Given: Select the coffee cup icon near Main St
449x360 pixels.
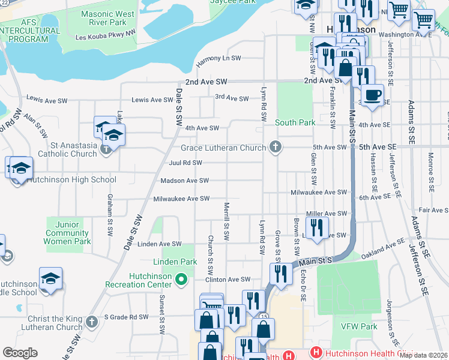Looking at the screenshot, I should click(x=372, y=95).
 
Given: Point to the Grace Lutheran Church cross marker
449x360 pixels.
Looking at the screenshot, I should click(x=276, y=147).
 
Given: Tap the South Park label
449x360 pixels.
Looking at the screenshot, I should click(x=295, y=122).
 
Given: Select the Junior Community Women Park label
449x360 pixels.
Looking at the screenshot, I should click(x=67, y=233).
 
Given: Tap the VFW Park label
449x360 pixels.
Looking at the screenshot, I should click(x=359, y=327).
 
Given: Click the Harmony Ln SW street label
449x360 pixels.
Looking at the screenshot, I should click(x=218, y=58).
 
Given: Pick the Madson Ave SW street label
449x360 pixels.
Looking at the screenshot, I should click(x=184, y=181).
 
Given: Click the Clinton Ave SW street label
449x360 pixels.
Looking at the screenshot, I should click(x=228, y=280).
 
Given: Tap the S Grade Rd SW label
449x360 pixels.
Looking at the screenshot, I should click(x=126, y=317).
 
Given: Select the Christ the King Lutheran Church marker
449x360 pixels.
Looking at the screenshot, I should click(x=91, y=322).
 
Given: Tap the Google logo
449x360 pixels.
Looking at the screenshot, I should click(x=20, y=353).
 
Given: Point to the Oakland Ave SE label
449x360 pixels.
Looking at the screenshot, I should click(x=387, y=244).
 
